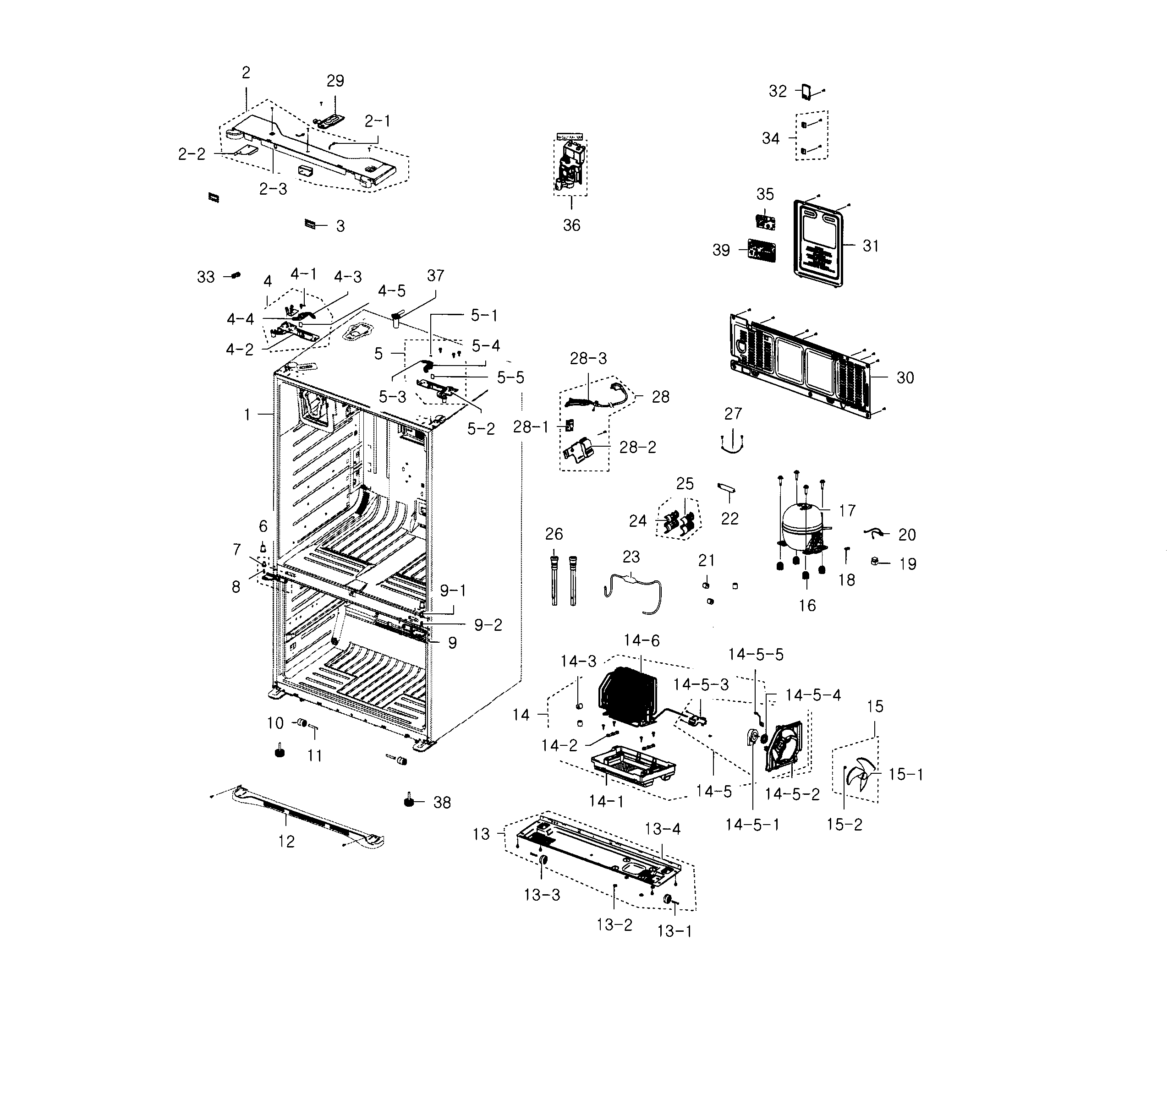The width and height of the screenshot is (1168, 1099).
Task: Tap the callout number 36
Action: [571, 225]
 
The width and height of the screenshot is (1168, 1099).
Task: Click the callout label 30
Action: [905, 377]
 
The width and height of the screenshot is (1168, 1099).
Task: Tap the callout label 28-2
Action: [637, 448]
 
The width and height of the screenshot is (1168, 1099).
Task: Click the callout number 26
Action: [554, 534]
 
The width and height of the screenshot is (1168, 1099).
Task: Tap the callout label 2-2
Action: [192, 154]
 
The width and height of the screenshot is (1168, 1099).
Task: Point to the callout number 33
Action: [206, 277]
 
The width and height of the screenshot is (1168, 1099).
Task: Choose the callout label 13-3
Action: [542, 895]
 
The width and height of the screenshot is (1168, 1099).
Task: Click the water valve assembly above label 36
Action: [570, 164]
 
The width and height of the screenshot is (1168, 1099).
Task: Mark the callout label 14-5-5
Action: [756, 654]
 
